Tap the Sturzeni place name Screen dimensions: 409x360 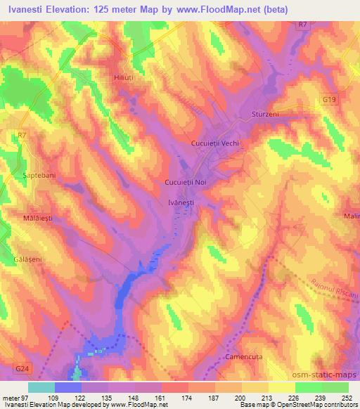coord(265,114)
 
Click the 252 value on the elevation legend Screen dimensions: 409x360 coord(347,398)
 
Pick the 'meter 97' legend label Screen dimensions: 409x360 coord(15,398)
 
